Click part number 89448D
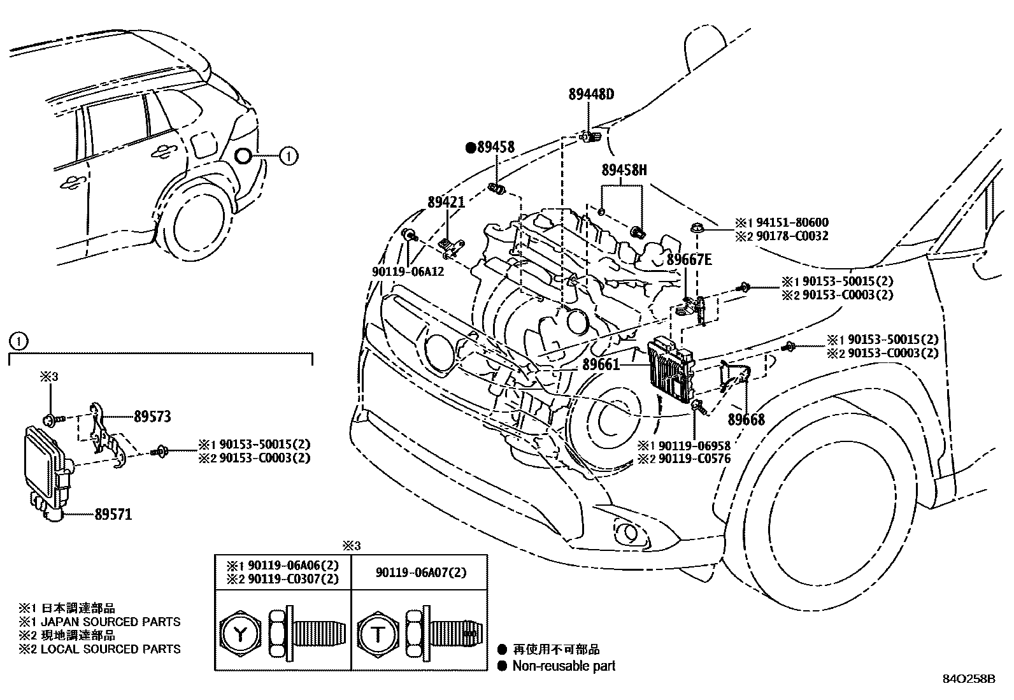click(x=591, y=95)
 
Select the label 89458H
click(x=624, y=170)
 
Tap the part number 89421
click(x=446, y=202)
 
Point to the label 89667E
click(x=689, y=259)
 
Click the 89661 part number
click(x=600, y=364)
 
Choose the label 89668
click(x=746, y=420)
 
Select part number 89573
click(x=152, y=417)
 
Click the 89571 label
click(x=113, y=514)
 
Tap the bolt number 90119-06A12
click(x=408, y=271)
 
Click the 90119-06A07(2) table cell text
click(x=420, y=573)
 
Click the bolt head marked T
click(x=378, y=634)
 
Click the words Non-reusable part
click(x=564, y=666)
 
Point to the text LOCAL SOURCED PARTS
click(x=110, y=649)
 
